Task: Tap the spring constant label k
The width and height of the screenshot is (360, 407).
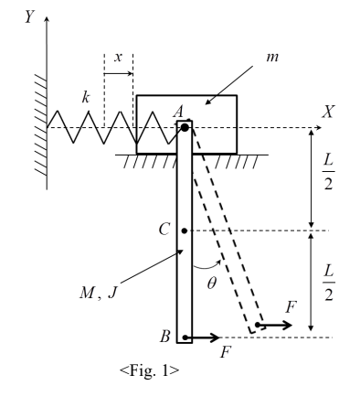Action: (86, 95)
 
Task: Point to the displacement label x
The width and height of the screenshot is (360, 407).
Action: (118, 57)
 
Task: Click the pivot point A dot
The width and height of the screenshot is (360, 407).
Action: (185, 127)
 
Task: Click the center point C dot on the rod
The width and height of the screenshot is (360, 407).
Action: (185, 230)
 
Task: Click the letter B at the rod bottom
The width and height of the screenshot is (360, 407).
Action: (165, 337)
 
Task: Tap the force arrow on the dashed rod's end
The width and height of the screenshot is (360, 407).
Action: (275, 325)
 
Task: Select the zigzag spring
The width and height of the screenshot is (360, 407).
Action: (101, 127)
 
